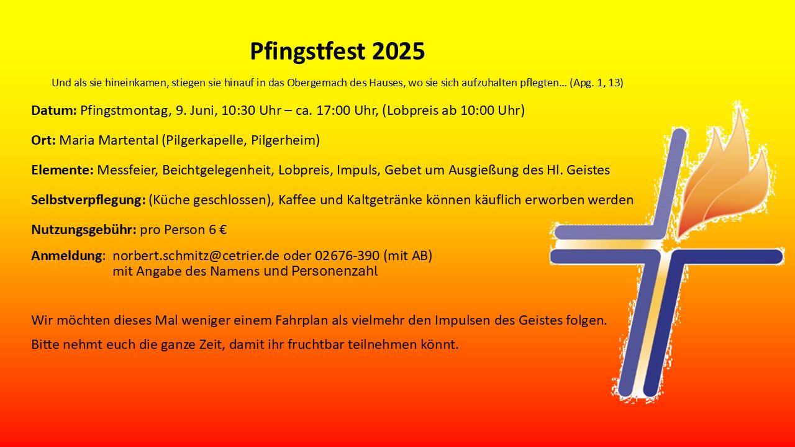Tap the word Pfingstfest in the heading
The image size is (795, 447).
307,52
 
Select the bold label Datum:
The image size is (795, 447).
54,111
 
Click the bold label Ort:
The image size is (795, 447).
43,140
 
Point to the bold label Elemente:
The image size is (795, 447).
63,170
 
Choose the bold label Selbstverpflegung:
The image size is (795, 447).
88,201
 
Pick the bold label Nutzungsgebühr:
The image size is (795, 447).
84,230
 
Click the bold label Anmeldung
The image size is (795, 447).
67,256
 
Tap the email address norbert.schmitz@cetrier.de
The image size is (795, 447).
196,255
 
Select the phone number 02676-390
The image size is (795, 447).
347,255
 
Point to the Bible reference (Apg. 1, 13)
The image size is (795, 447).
596,83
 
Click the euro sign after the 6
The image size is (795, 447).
223,230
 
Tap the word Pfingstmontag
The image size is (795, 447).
124,111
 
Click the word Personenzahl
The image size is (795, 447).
334,271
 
